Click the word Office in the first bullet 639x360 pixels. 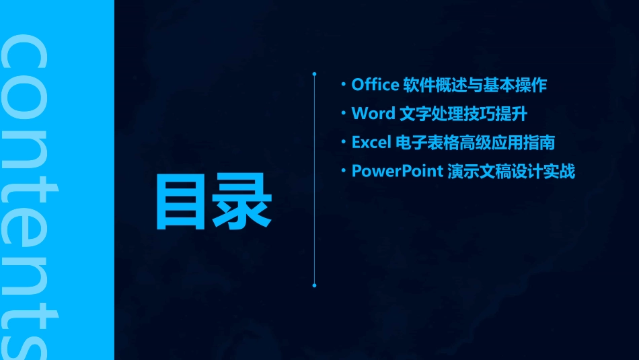pyautogui.click(x=375, y=85)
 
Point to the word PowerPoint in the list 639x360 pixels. pyautogui.click(x=397, y=172)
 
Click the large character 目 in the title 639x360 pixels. pyautogui.click(x=182, y=202)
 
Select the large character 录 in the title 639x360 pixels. pyautogui.click(x=242, y=202)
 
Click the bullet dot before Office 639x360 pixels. pyautogui.click(x=344, y=85)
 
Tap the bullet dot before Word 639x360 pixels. pyautogui.click(x=344, y=114)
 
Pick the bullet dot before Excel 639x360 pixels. pyautogui.click(x=344, y=143)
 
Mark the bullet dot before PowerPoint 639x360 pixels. pyautogui.click(x=344, y=172)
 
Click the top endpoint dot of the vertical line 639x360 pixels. pyautogui.click(x=314, y=73)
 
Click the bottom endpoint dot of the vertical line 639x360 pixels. pyautogui.click(x=314, y=285)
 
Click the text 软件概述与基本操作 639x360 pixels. pyautogui.click(x=475, y=85)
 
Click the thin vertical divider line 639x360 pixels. pyautogui.click(x=314, y=182)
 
